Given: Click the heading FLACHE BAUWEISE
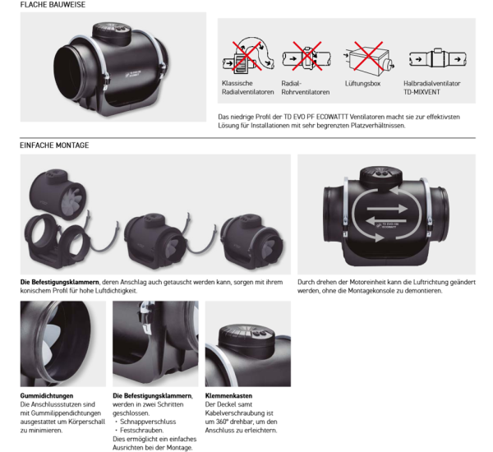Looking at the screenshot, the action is point(53,5).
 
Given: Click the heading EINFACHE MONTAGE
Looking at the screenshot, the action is point(54,145).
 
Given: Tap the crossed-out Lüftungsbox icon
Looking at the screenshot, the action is point(368,58).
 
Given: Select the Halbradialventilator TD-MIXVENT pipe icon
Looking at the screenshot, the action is point(438,58).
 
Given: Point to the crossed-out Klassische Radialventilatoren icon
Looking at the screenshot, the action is point(248,56).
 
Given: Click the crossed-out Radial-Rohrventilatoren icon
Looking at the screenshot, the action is point(306,57).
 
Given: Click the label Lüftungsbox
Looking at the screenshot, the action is point(362,84).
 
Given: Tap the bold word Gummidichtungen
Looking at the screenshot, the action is point(47,395).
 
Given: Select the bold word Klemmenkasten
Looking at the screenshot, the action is point(228,395).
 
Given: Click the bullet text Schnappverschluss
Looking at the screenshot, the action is point(148,422).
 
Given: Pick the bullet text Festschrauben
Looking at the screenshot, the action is point(142,431).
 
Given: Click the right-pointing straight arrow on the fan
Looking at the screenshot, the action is point(387,208).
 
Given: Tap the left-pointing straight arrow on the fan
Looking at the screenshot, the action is point(386,220).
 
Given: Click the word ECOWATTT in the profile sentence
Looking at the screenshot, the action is point(332,117).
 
